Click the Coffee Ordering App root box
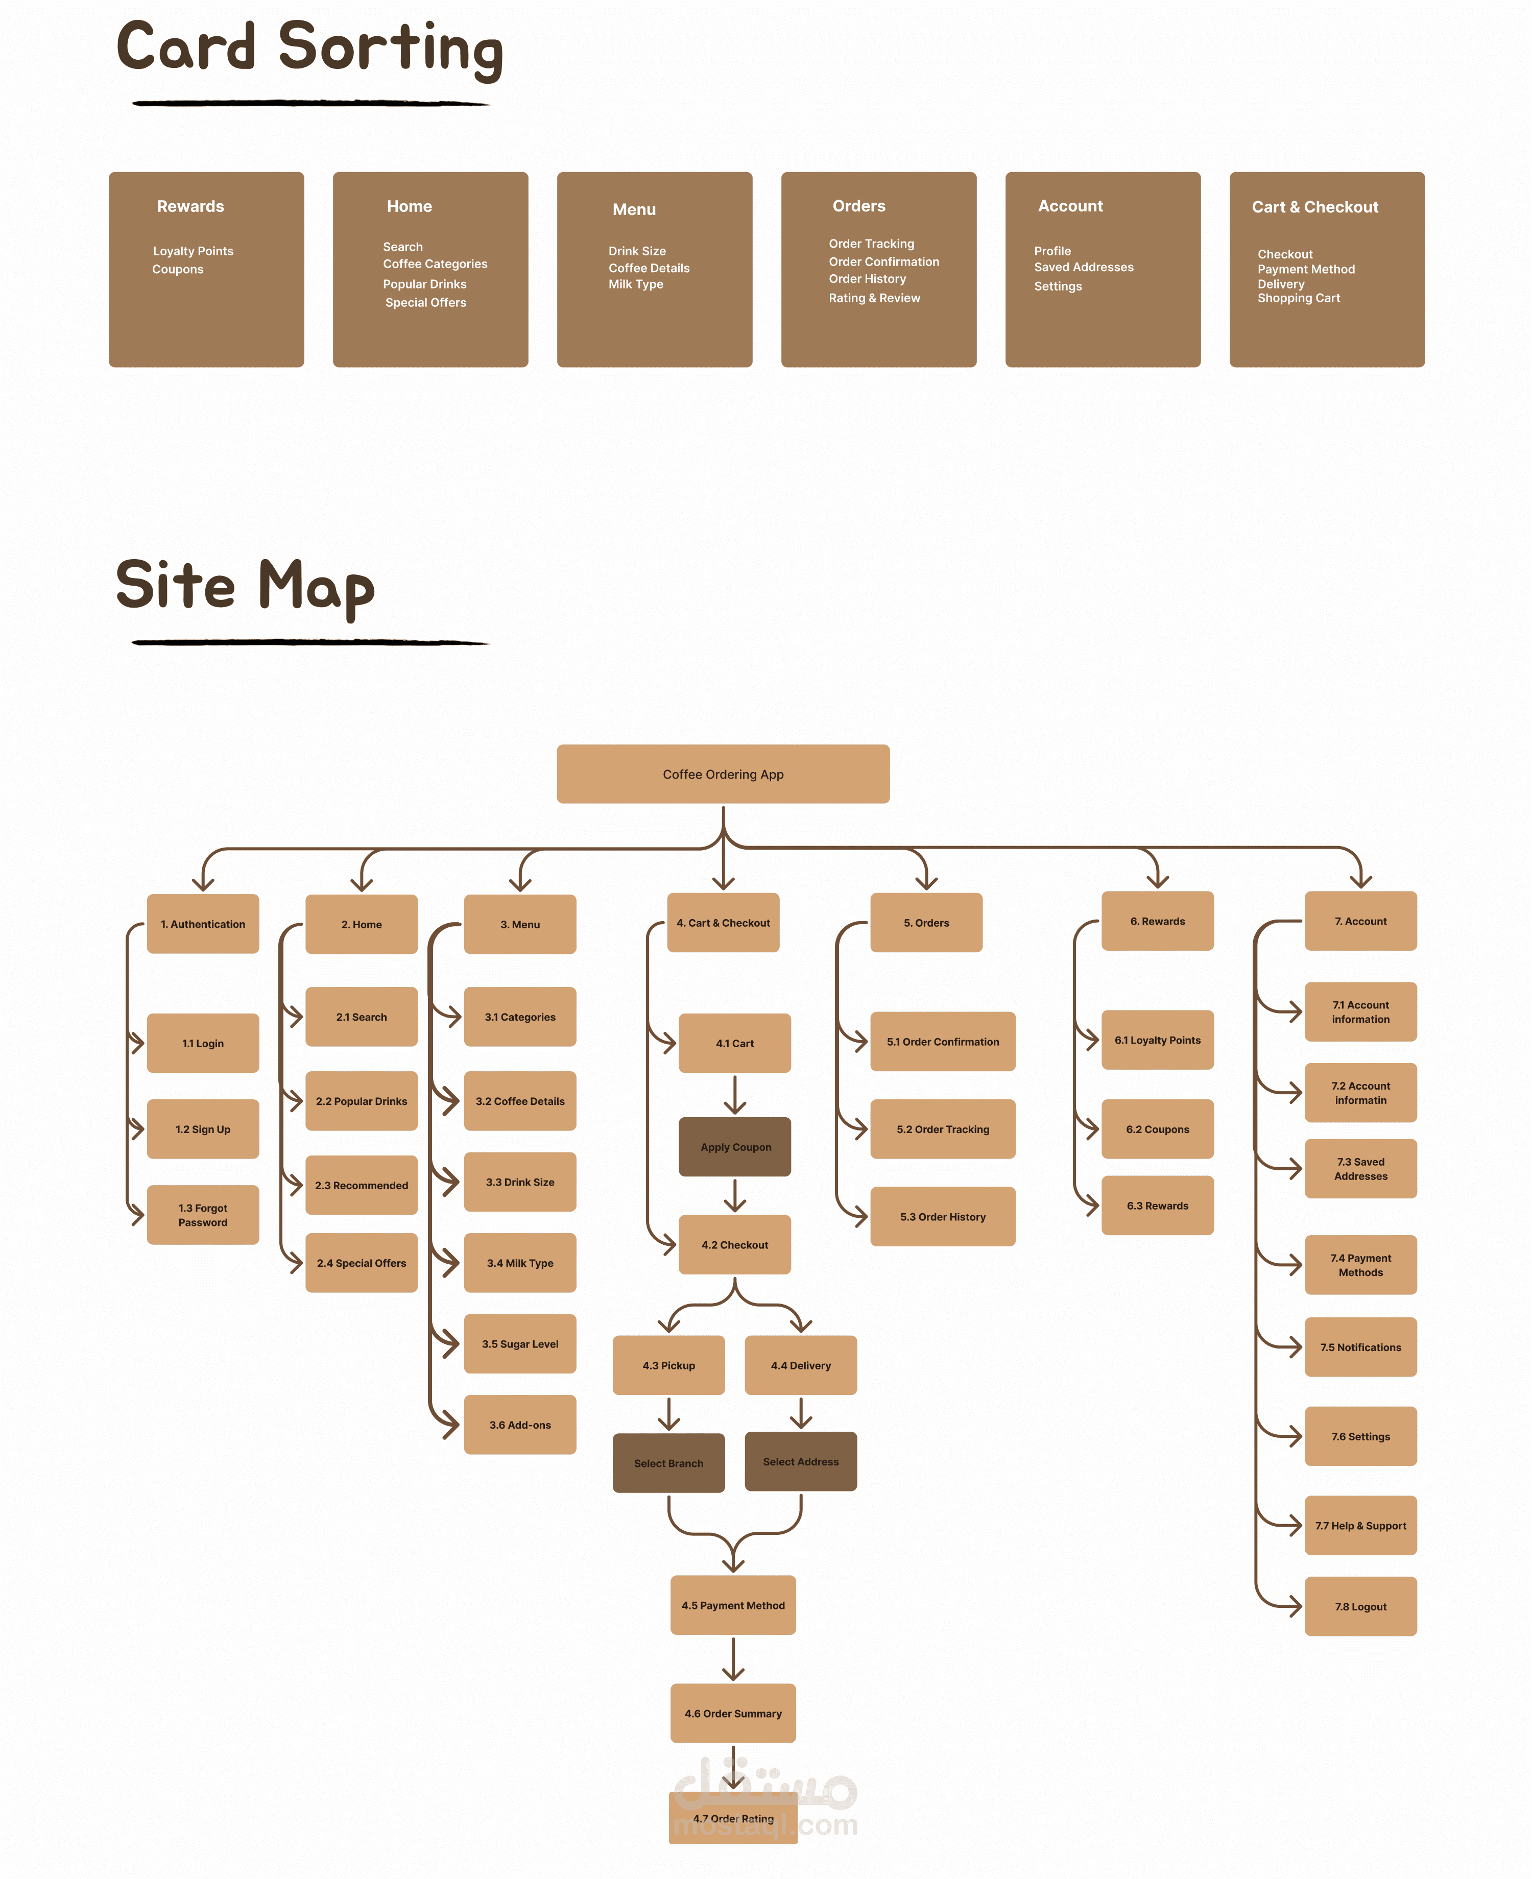click(723, 774)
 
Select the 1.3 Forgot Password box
click(203, 1215)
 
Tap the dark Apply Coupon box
click(735, 1147)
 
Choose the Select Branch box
click(669, 1463)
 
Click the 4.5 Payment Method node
click(733, 1605)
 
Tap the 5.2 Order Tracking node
click(943, 1129)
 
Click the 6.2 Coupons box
click(1158, 1129)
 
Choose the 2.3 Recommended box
click(362, 1185)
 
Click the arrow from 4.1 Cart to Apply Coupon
click(735, 1095)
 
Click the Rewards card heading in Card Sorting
click(190, 206)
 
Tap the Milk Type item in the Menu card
click(635, 284)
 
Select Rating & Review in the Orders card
click(875, 298)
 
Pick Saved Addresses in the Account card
click(1084, 267)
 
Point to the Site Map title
click(245, 587)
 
